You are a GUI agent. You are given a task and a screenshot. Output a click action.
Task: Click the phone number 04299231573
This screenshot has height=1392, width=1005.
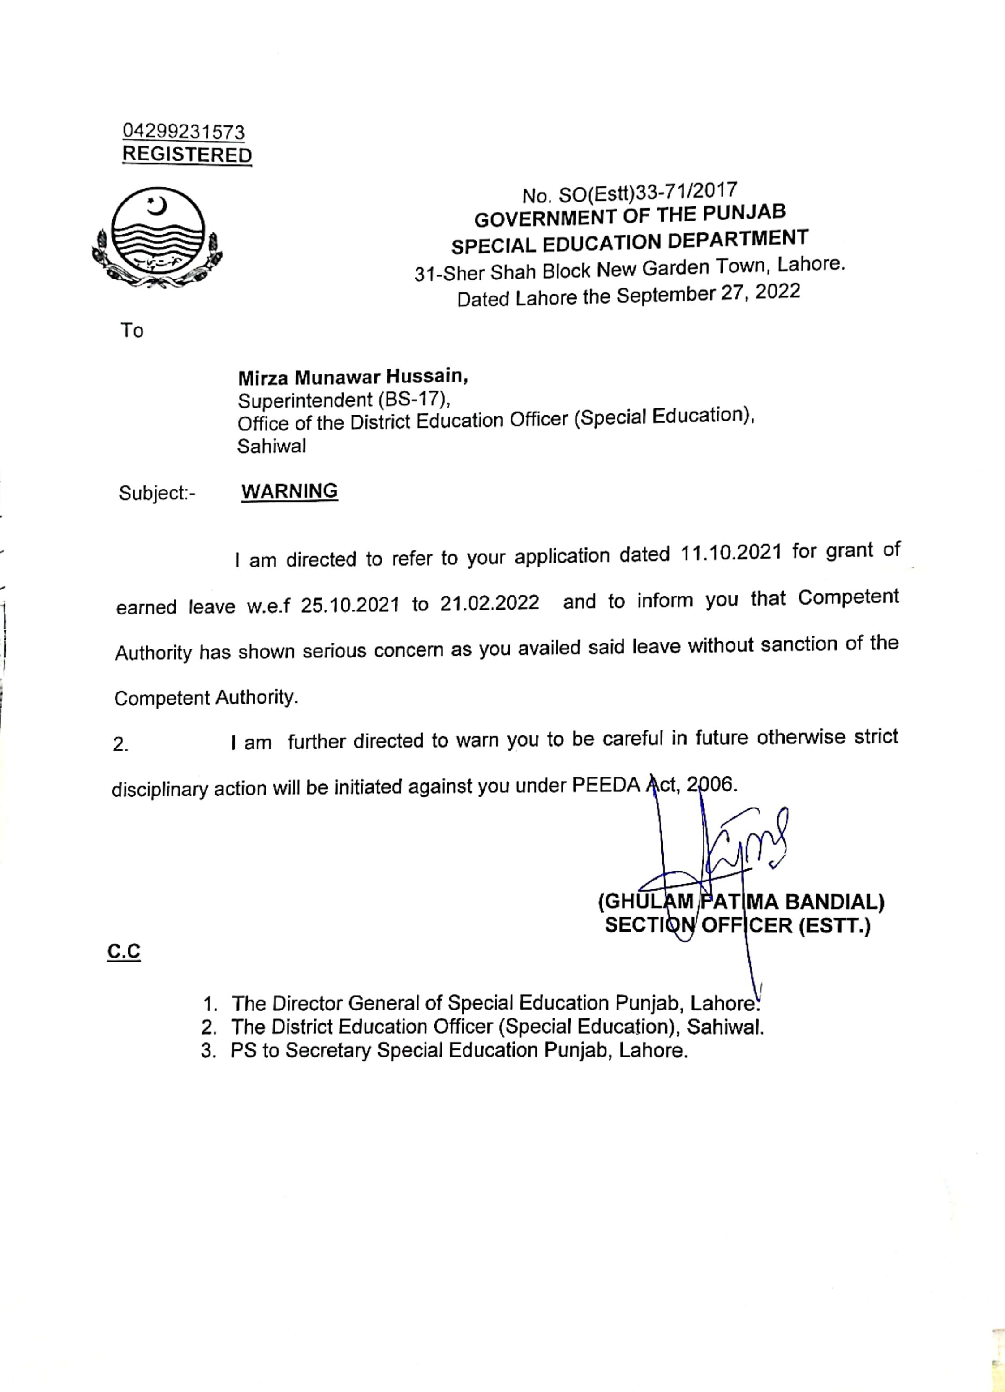(x=184, y=131)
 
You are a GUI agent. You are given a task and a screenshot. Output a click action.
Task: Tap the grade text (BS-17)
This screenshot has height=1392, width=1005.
(x=414, y=399)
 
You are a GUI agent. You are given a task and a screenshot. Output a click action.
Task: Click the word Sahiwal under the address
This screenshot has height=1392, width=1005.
(x=271, y=446)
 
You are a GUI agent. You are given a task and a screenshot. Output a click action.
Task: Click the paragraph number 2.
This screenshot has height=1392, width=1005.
(x=120, y=744)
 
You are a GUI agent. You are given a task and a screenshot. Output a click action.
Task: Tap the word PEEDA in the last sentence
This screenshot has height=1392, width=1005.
(x=606, y=785)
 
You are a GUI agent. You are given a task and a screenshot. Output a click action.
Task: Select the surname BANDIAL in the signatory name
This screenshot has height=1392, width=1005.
(x=834, y=902)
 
